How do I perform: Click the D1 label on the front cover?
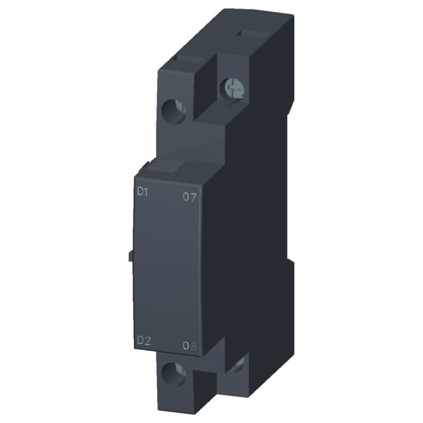[x=143, y=192]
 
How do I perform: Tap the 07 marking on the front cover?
[x=189, y=197]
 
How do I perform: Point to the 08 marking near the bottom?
[x=189, y=345]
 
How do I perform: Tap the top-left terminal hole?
[x=175, y=109]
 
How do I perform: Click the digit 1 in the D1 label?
[x=147, y=192]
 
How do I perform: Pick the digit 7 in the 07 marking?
[x=192, y=197]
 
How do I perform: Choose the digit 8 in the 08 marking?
[x=193, y=345]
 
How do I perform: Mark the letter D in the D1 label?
[x=140, y=192]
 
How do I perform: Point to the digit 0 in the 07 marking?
[x=185, y=197]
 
